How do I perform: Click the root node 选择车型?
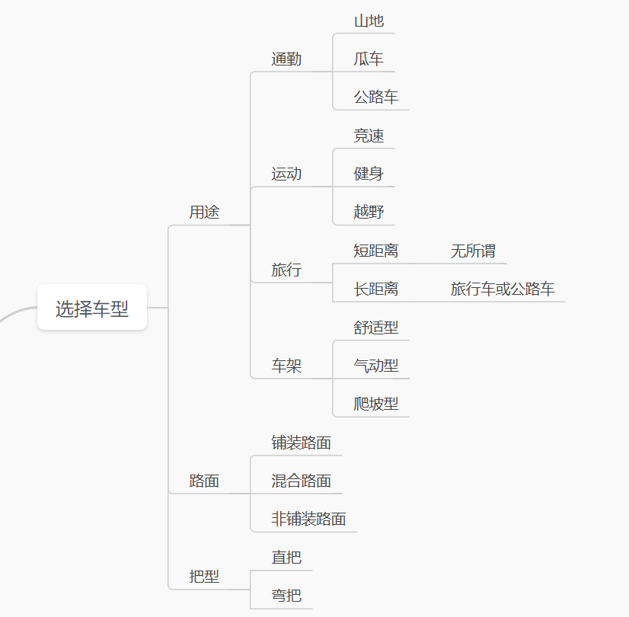point(92,308)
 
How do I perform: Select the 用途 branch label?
point(204,213)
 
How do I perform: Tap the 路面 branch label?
point(204,481)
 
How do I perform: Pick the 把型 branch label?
point(204,577)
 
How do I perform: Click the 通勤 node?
point(286,59)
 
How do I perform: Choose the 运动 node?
point(286,174)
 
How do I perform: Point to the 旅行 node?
point(286,270)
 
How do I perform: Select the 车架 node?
point(286,366)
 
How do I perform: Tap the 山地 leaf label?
point(369,21)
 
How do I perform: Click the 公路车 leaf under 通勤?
point(376,98)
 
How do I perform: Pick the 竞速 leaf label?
point(369,136)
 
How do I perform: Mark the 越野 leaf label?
point(369,212)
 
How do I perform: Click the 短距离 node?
point(376,251)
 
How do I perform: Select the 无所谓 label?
point(473,251)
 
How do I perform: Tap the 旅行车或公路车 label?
point(503,289)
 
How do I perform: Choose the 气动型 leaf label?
point(376,366)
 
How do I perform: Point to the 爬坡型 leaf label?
point(376,404)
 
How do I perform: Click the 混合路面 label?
point(302,481)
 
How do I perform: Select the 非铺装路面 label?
point(309,519)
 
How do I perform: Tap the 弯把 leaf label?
point(286,596)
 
